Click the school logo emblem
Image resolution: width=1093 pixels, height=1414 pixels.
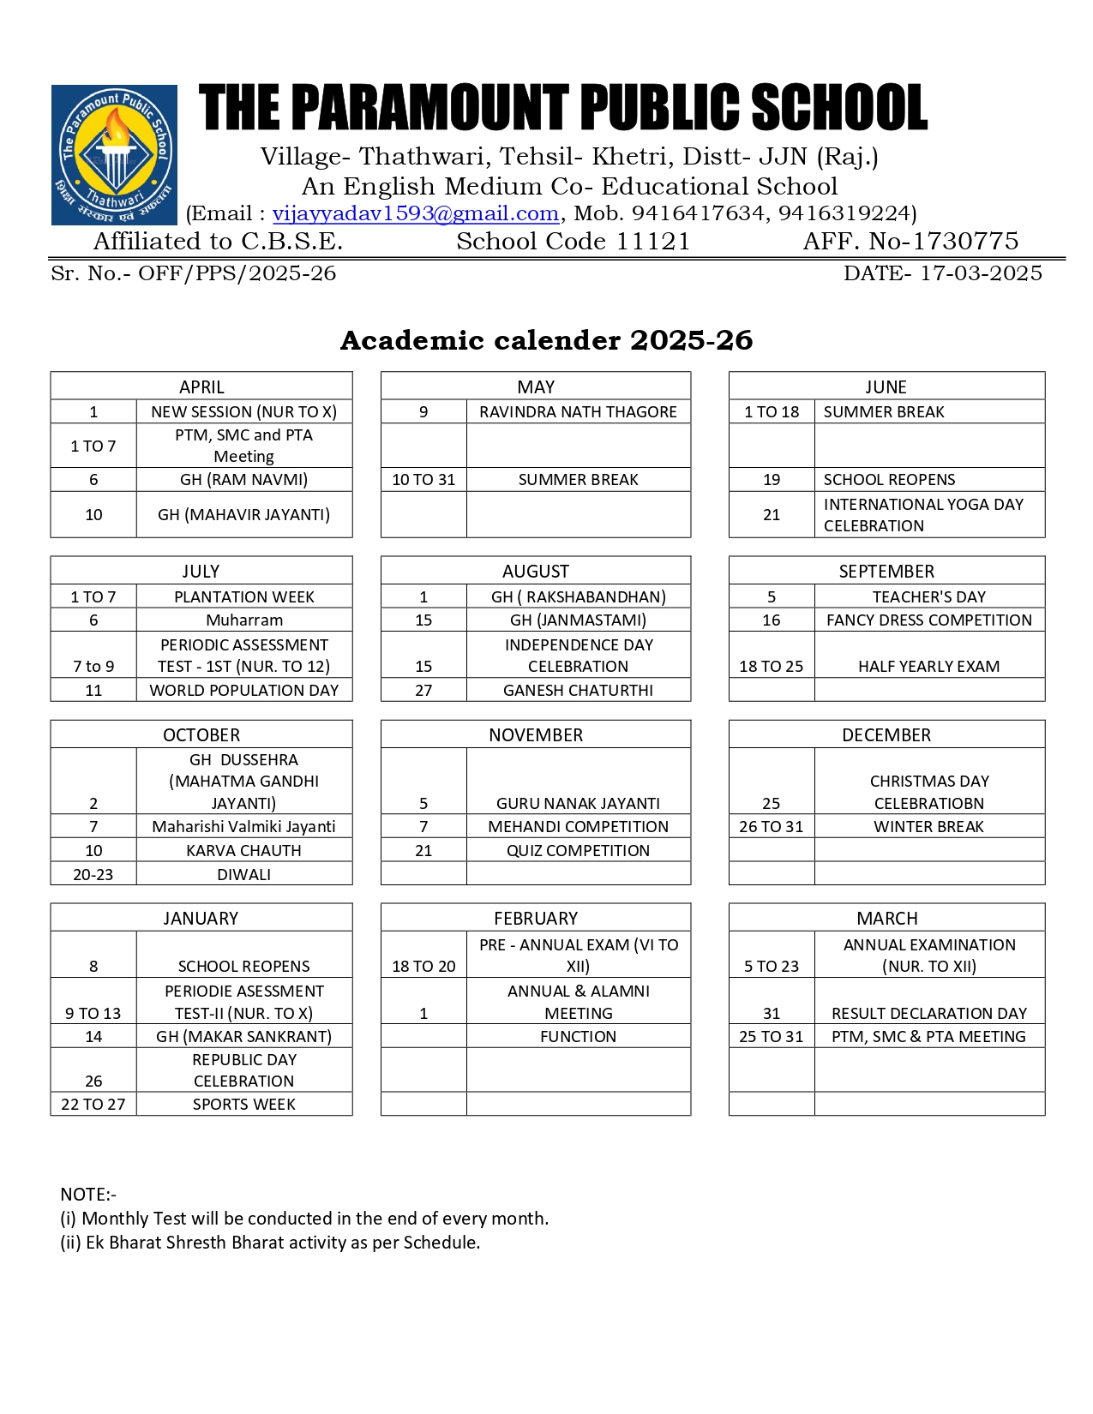114,155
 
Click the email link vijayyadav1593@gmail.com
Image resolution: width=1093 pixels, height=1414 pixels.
416,213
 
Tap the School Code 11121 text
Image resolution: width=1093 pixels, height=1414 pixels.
573,242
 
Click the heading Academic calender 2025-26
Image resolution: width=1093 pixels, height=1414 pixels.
546,340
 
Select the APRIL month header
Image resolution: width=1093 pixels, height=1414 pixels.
201,386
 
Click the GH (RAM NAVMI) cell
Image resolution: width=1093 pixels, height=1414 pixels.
243,479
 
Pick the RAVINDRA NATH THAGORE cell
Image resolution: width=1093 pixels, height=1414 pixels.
578,411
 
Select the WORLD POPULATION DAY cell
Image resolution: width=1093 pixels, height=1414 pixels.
243,690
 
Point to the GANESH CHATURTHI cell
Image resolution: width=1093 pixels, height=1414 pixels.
578,690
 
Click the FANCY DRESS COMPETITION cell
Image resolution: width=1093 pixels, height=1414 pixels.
929,620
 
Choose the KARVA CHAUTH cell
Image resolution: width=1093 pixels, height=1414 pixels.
243,850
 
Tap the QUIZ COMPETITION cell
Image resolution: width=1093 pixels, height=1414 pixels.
578,850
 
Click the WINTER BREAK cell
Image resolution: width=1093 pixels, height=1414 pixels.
928,826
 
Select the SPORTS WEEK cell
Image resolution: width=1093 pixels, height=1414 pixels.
243,1104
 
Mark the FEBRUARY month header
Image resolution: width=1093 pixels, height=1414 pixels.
536,918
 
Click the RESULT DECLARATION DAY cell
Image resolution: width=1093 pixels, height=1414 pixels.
929,1013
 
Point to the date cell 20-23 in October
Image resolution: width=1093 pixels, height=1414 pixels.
93,874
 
